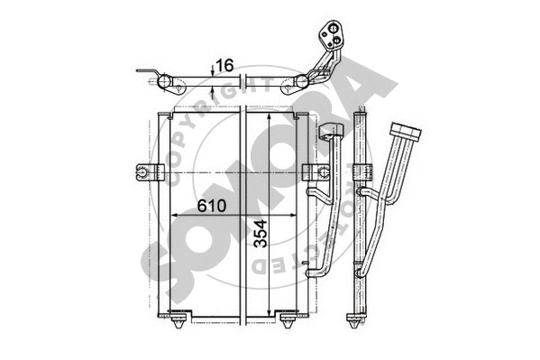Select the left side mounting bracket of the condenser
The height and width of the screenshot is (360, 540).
(x=144, y=171)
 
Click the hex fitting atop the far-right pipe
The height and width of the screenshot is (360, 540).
(x=411, y=132)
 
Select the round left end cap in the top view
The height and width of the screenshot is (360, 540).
(x=168, y=85)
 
